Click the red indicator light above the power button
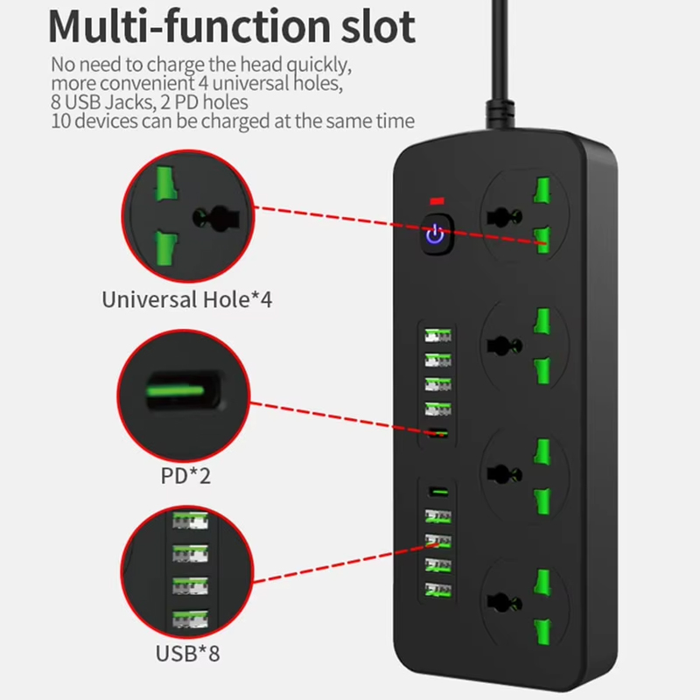pyautogui.click(x=437, y=201)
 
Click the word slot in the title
pyautogui.click(x=379, y=27)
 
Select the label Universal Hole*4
pyautogui.click(x=186, y=299)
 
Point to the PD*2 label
pyautogui.click(x=185, y=476)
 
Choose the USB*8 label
pyautogui.click(x=187, y=654)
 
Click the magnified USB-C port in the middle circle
pyautogui.click(x=183, y=390)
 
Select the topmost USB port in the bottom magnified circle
pyautogui.click(x=191, y=521)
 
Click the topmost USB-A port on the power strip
pyautogui.click(x=437, y=335)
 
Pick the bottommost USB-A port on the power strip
pyautogui.click(x=438, y=590)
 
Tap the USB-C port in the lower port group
pyautogui.click(x=438, y=492)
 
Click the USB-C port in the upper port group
pyautogui.click(x=438, y=432)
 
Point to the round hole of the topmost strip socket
pyautogui.click(x=505, y=217)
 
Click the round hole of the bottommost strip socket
pyautogui.click(x=505, y=603)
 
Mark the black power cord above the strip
pyautogui.click(x=500, y=62)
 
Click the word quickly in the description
pyautogui.click(x=318, y=65)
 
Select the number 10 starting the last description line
pyautogui.click(x=60, y=121)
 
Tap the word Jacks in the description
pyautogui.click(x=129, y=102)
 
